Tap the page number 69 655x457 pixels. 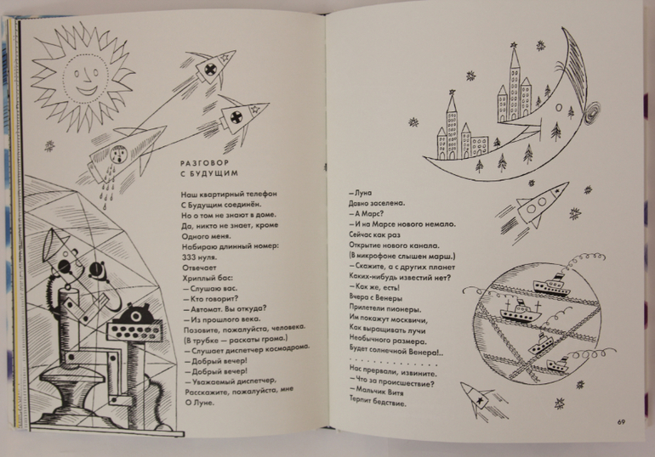(x=621, y=422)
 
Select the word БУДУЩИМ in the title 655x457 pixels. (x=214, y=173)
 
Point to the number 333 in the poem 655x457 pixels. (x=188, y=257)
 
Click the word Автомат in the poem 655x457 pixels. (x=207, y=309)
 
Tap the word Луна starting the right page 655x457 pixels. (x=363, y=193)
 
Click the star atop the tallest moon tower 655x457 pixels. (x=514, y=45)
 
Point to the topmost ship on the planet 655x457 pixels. (x=551, y=285)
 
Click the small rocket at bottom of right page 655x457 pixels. (x=481, y=398)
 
